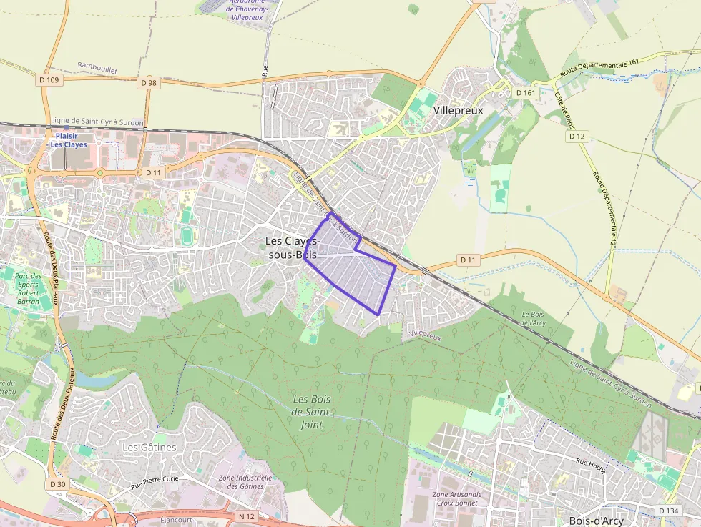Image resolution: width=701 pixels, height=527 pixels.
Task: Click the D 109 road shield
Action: click(50, 80)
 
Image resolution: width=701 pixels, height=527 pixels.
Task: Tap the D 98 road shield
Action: click(149, 83)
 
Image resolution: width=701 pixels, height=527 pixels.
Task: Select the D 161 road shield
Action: click(524, 93)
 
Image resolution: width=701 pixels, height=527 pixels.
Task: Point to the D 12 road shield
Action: click(577, 136)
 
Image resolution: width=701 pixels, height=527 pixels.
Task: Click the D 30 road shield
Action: click(58, 484)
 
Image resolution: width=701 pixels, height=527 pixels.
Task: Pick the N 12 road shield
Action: click(247, 516)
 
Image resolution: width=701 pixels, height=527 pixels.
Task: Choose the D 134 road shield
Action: click(668, 511)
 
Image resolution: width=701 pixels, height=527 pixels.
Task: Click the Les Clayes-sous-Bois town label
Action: click(293, 247)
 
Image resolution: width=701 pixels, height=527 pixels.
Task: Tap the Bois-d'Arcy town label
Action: click(596, 521)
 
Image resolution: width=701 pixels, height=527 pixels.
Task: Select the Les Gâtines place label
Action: click(149, 447)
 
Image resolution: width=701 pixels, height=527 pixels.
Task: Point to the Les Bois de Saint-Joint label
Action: click(312, 412)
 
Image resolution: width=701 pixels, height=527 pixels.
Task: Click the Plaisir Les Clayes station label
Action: click(68, 139)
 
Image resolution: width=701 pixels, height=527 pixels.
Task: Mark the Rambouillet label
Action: click(97, 68)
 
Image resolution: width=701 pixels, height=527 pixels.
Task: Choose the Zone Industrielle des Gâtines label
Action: click(245, 482)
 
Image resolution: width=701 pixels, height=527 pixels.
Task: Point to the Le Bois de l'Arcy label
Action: click(534, 318)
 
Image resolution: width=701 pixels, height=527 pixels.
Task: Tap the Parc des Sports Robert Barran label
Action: click(29, 288)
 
